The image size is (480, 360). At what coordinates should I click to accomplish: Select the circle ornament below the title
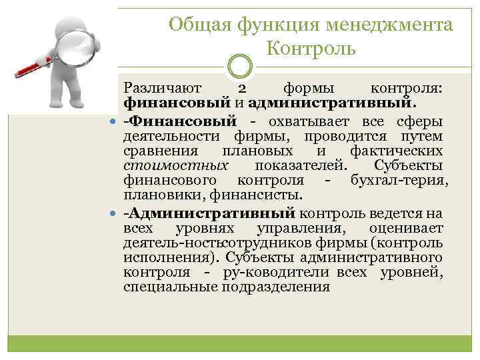[x=239, y=67]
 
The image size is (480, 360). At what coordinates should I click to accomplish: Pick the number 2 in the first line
[x=243, y=89]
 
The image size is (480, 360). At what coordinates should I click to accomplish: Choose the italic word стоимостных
[x=176, y=165]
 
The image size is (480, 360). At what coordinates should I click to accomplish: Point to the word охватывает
[x=311, y=121]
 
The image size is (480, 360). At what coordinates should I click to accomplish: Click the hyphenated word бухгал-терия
[x=397, y=181]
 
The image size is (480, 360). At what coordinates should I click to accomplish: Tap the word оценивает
[x=413, y=229]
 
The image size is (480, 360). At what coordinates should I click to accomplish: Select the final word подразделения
[x=268, y=287]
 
